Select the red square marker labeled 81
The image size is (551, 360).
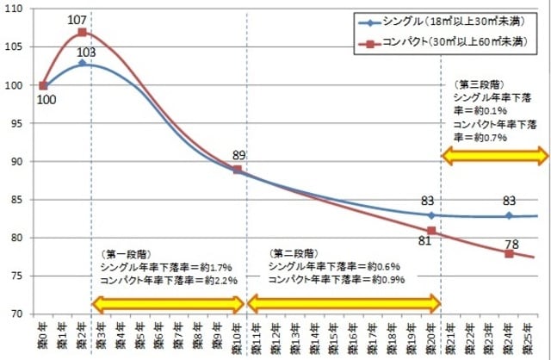pos(431,231)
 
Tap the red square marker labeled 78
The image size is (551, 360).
pos(509,253)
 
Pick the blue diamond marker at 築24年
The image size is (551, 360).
pos(509,215)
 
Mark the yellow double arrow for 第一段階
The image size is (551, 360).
pos(169,303)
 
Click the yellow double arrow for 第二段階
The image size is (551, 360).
pos(344,303)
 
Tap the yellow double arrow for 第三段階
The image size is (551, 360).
pos(495,156)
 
